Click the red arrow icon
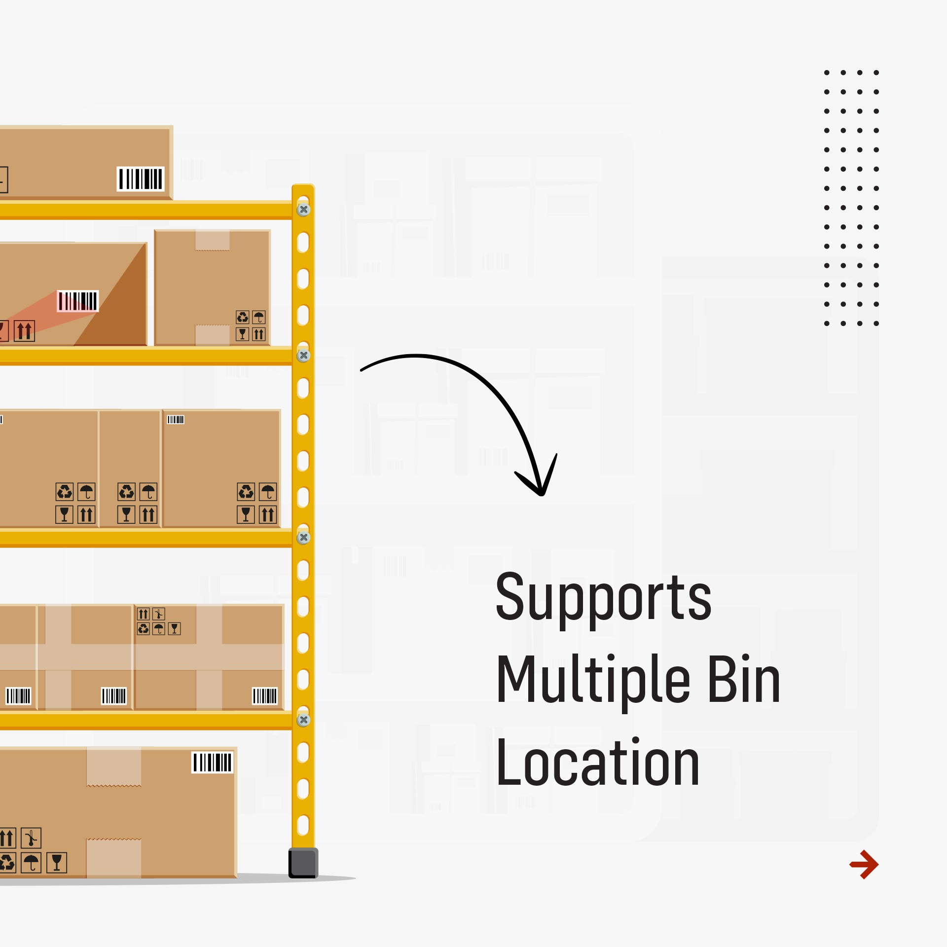click(864, 864)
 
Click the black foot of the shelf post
click(303, 863)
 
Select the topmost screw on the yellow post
click(303, 210)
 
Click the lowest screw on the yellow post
click(303, 720)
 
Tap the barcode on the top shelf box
click(141, 179)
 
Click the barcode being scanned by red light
click(78, 301)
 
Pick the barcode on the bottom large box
click(212, 763)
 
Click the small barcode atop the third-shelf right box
click(176, 420)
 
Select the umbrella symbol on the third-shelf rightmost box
click(268, 492)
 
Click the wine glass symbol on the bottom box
click(57, 863)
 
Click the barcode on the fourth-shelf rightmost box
click(265, 696)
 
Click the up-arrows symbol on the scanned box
click(24, 331)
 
